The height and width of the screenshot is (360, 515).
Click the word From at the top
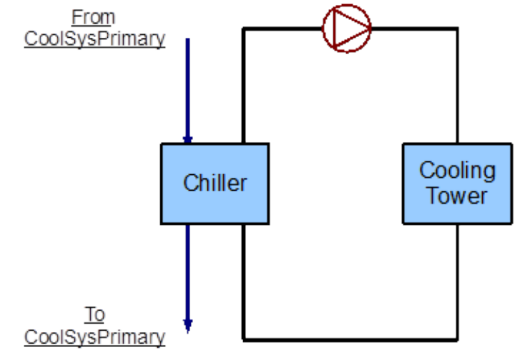pos(93,16)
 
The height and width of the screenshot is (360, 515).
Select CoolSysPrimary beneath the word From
pos(94,39)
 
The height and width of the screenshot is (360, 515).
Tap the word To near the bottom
pos(94,315)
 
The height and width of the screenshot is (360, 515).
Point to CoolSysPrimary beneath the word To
pos(94,337)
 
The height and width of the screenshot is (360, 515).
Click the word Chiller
pos(215,183)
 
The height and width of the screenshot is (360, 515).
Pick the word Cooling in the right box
pos(457,171)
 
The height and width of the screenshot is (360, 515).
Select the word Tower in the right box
pos(457,196)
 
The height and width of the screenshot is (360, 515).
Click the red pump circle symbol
pos(347,28)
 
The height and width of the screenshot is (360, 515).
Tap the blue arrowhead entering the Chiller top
pos(188,139)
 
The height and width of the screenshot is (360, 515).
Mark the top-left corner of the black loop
pos(244,29)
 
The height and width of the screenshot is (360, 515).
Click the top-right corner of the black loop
pos(457,29)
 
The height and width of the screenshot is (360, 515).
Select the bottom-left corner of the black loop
pos(244,339)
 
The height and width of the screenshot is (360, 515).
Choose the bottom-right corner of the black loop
pos(457,339)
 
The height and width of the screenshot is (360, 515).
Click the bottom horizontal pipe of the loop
pos(350,339)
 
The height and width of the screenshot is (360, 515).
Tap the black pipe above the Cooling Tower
pos(457,85)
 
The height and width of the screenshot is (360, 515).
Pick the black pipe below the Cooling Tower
pos(457,280)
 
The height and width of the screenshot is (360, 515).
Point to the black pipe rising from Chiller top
pos(244,85)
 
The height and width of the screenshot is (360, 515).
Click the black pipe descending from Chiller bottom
pos(244,280)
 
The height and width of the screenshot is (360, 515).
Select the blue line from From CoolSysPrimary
pos(188,85)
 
